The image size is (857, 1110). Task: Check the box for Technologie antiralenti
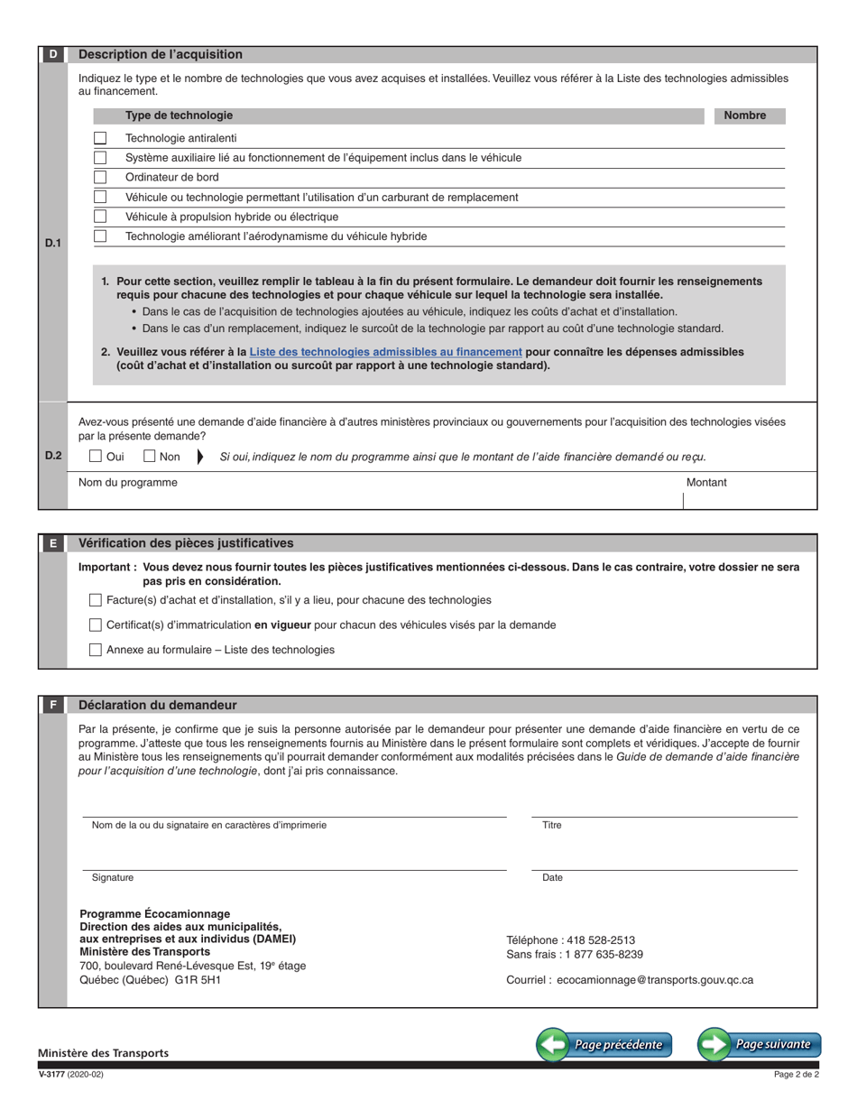pyautogui.click(x=100, y=138)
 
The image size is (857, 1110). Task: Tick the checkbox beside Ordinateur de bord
pyautogui.click(x=100, y=177)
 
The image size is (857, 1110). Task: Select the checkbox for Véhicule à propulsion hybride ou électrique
pyautogui.click(x=100, y=217)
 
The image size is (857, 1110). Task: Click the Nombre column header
pyautogui.click(x=744, y=116)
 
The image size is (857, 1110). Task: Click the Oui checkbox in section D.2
pyautogui.click(x=96, y=457)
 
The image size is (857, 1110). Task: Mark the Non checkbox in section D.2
pyautogui.click(x=150, y=457)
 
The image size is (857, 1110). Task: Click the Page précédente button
pyautogui.click(x=604, y=1044)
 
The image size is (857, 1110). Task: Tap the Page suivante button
pyautogui.click(x=760, y=1044)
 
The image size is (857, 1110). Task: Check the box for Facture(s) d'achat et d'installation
pyautogui.click(x=96, y=600)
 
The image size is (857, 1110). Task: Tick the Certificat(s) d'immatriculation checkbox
pyautogui.click(x=96, y=624)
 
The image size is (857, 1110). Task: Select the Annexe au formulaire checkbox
pyautogui.click(x=96, y=650)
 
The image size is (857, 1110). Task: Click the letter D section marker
pyautogui.click(x=53, y=54)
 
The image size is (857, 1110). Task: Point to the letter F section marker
pyautogui.click(x=53, y=705)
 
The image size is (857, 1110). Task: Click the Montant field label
pyautogui.click(x=705, y=483)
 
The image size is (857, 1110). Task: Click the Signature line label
pyautogui.click(x=113, y=877)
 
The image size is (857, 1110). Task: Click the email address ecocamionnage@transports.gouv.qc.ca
pyautogui.click(x=655, y=979)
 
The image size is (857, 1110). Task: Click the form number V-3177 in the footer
pyautogui.click(x=52, y=1075)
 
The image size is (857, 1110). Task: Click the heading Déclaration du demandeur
pyautogui.click(x=158, y=705)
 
